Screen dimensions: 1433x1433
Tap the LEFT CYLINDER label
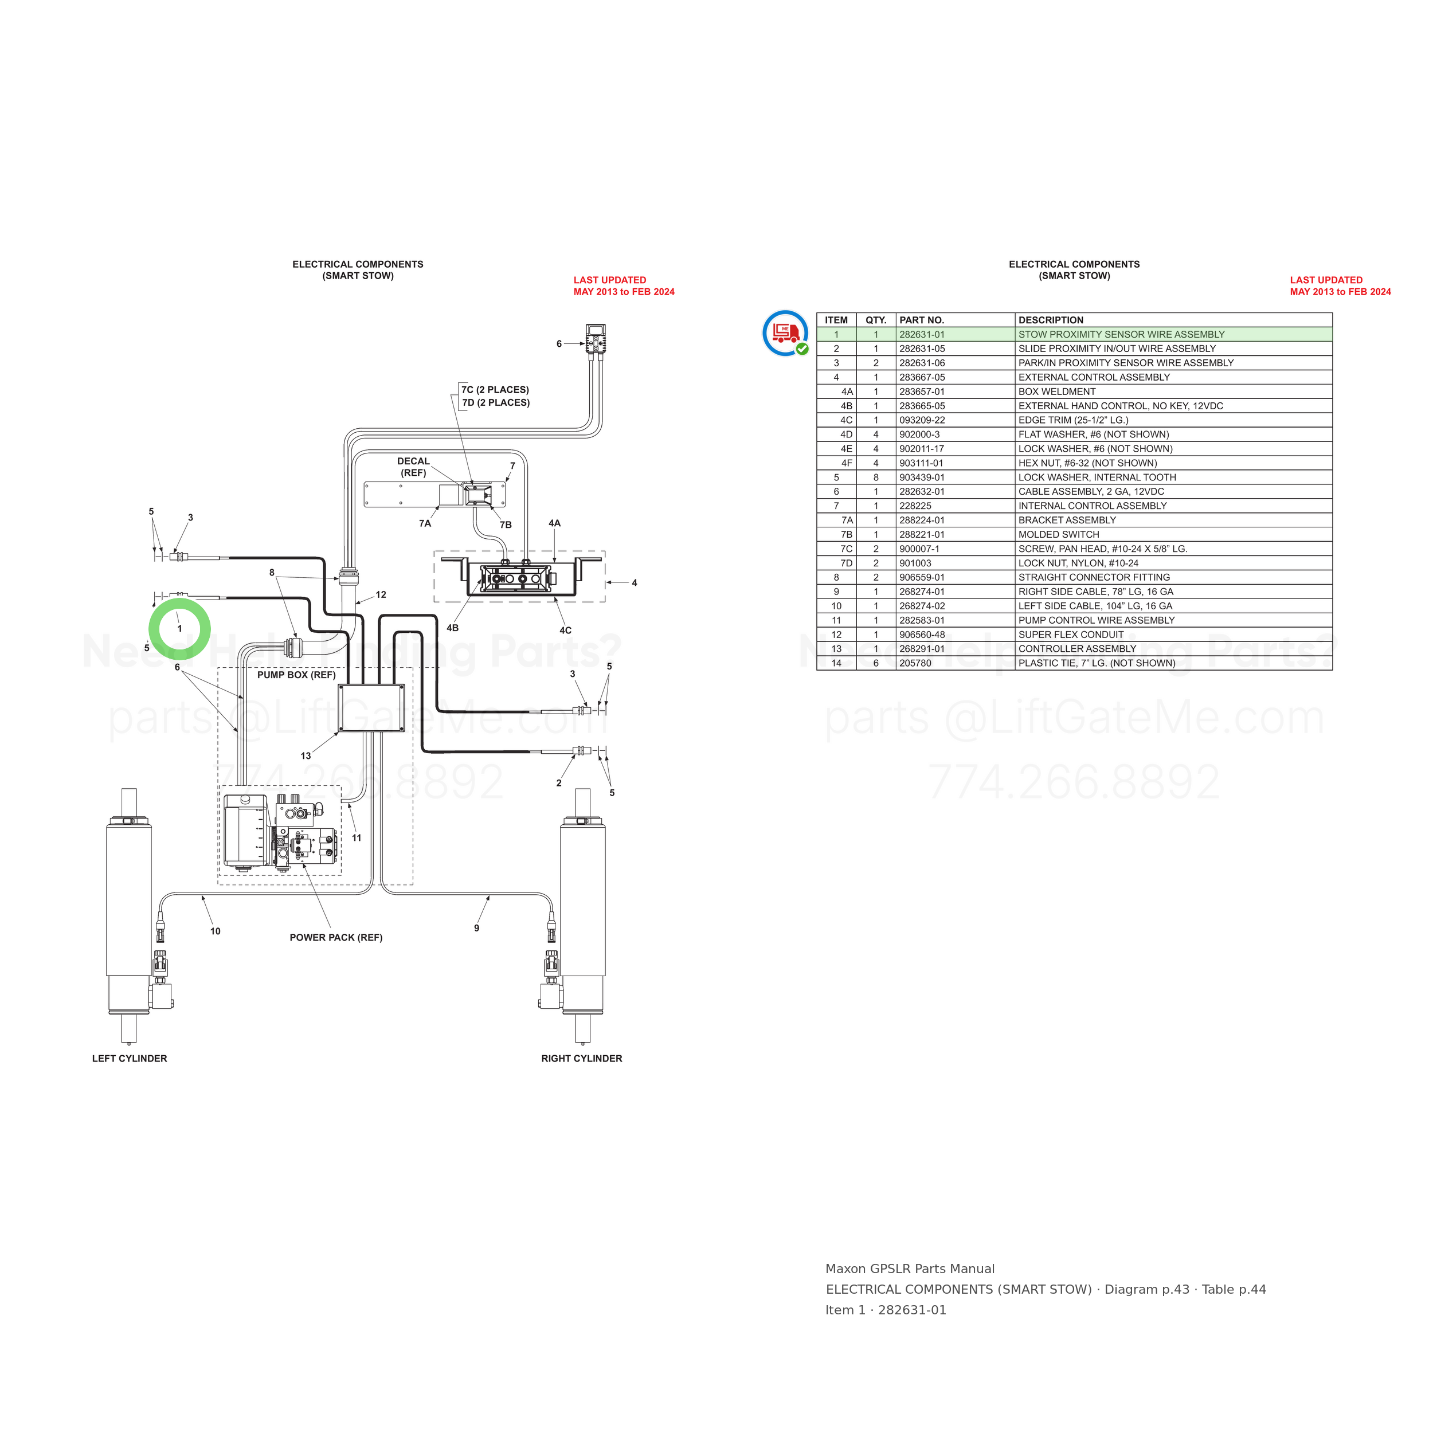tap(130, 1059)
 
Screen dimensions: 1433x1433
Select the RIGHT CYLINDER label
tap(581, 1059)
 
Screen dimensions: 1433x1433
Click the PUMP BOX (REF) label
tap(296, 675)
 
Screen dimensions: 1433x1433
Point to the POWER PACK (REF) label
tap(336, 938)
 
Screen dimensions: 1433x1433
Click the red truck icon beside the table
tap(785, 333)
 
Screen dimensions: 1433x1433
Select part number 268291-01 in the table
tap(922, 649)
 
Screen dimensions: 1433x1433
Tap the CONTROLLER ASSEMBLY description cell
tap(1077, 649)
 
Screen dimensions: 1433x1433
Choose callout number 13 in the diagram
tap(306, 756)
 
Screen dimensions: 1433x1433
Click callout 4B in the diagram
tap(452, 628)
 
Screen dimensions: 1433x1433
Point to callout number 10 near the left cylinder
tap(215, 931)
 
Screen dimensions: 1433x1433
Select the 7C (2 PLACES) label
tap(495, 389)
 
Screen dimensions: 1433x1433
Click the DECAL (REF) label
tap(413, 467)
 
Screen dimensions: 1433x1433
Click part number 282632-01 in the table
tap(922, 492)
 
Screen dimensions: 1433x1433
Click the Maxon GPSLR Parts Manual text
tap(910, 1269)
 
